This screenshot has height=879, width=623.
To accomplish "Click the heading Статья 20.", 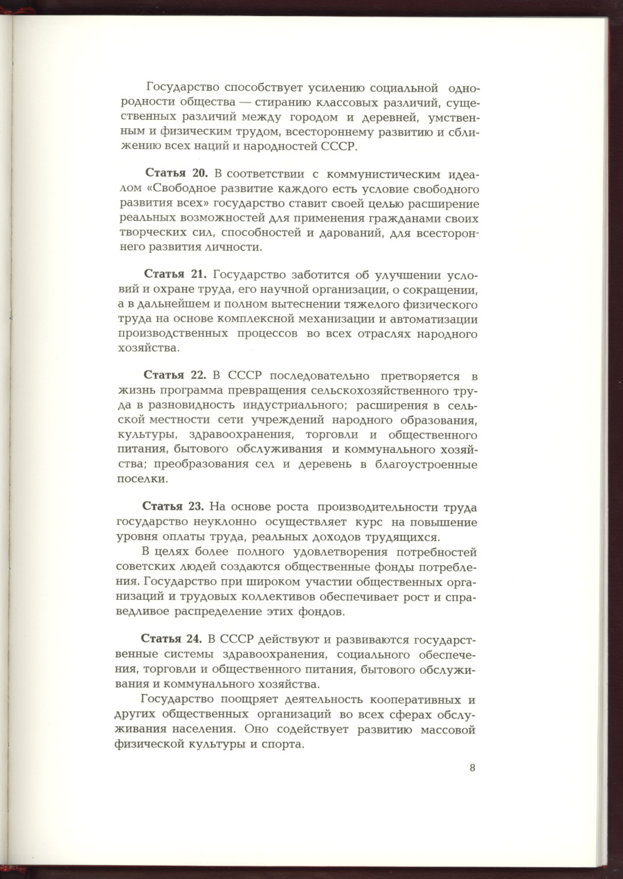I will pyautogui.click(x=177, y=172).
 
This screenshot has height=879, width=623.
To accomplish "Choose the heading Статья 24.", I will pyautogui.click(x=172, y=637).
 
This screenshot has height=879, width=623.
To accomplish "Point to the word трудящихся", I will pyautogui.click(x=401, y=538).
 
